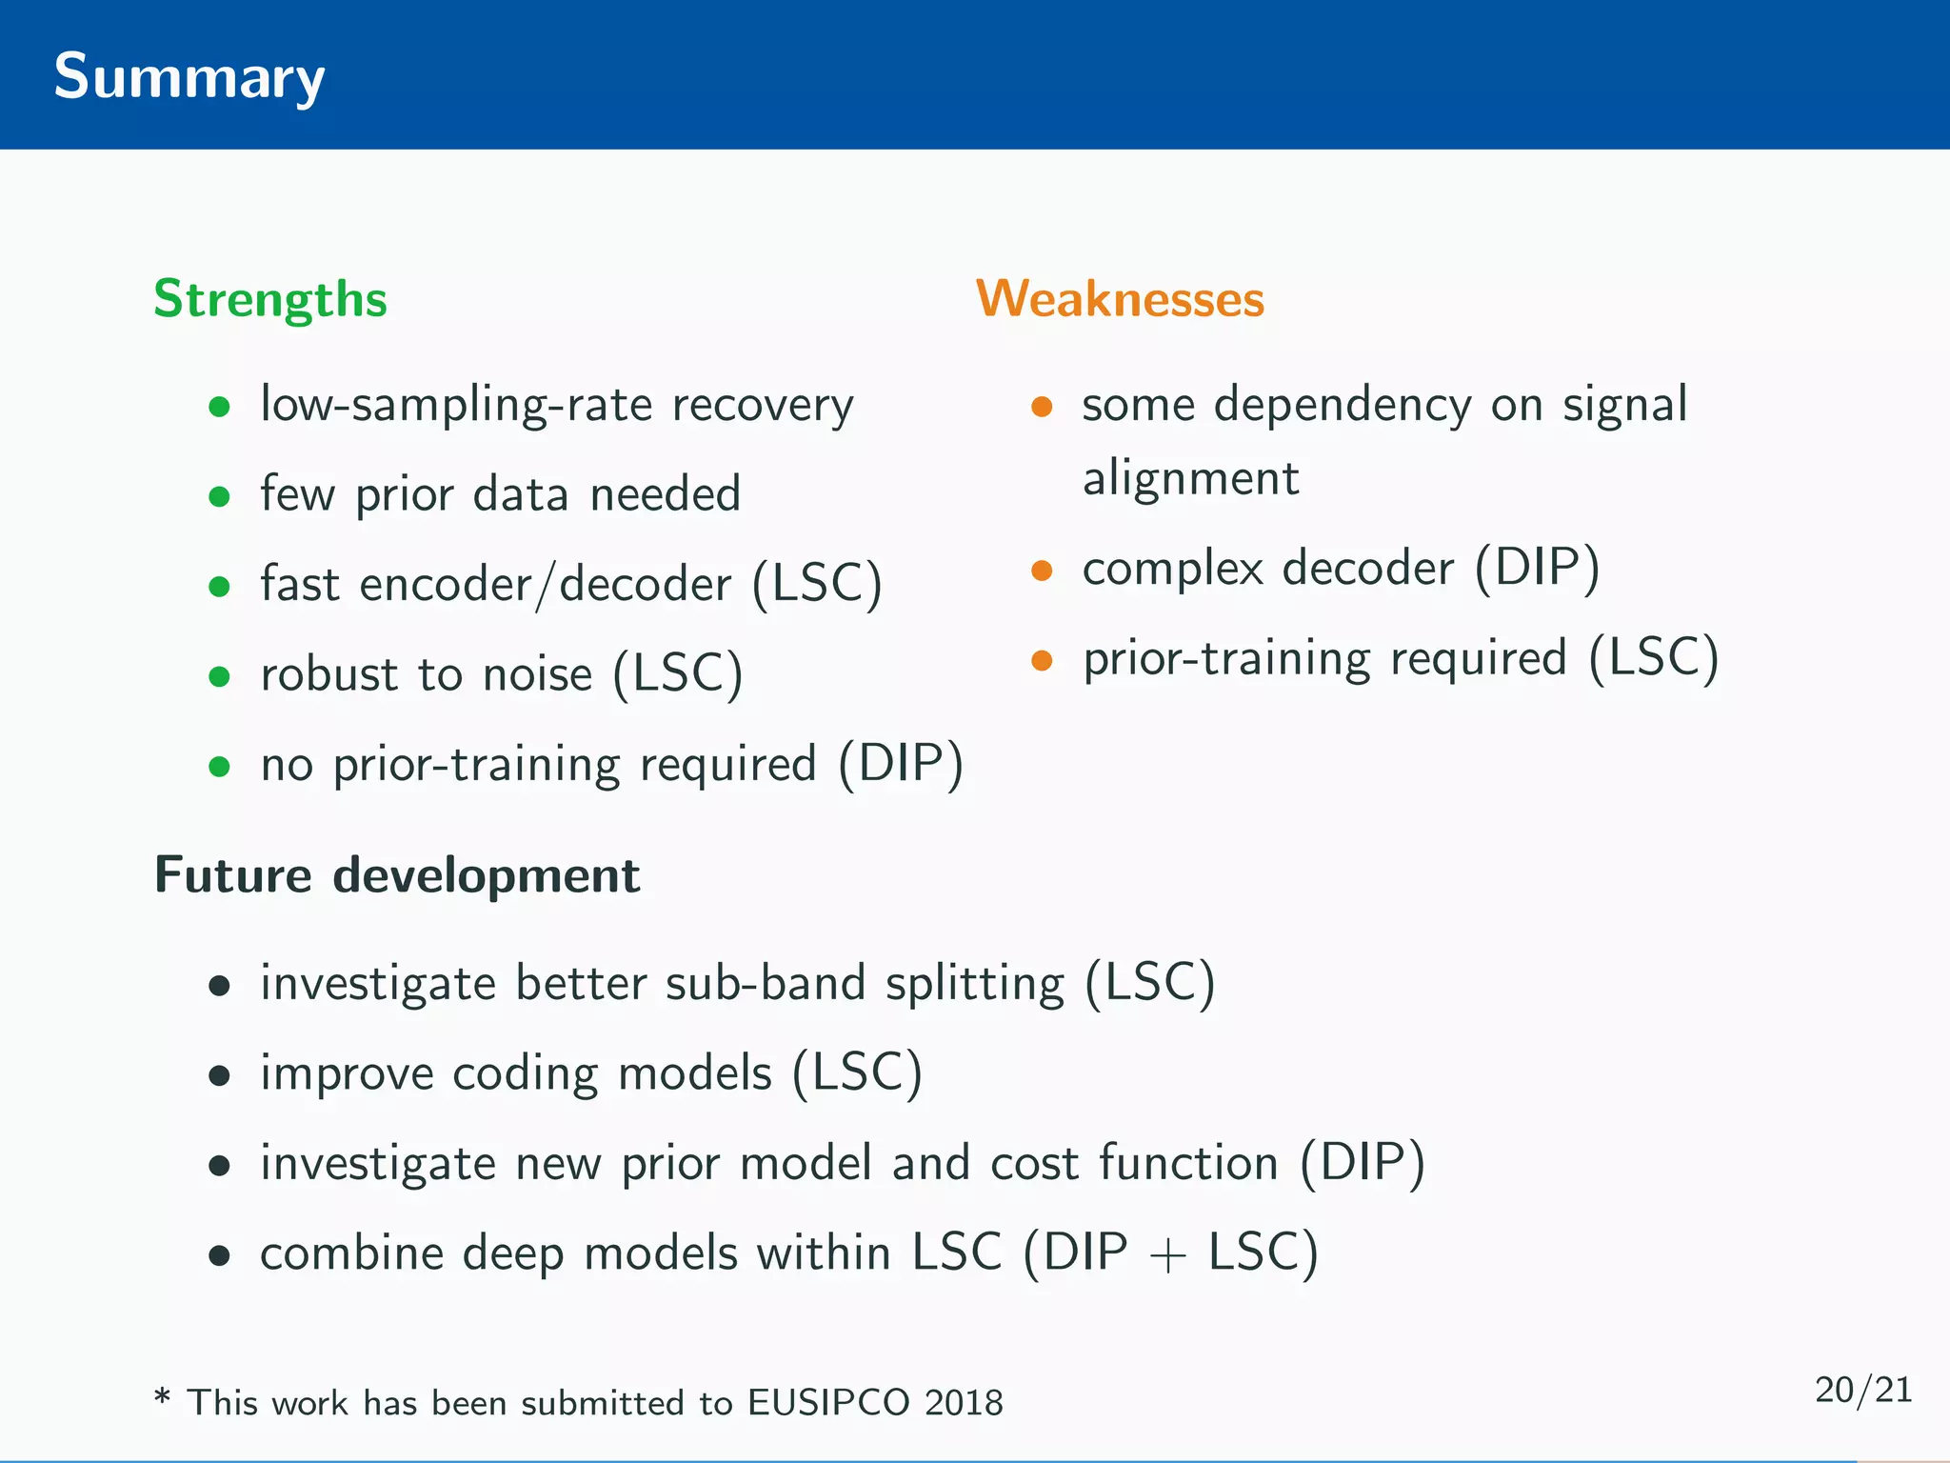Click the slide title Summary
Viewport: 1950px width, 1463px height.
pyautogui.click(x=189, y=78)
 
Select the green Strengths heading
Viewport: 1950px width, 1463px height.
pyautogui.click(x=270, y=300)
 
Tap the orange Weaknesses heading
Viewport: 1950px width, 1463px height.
pyautogui.click(x=1120, y=299)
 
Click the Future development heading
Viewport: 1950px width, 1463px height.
pyautogui.click(x=397, y=875)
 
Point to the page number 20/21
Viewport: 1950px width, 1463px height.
pyautogui.click(x=1862, y=1390)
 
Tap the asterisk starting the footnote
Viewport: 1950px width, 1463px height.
pyautogui.click(x=163, y=1399)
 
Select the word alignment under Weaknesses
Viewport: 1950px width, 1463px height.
pyautogui.click(x=1190, y=479)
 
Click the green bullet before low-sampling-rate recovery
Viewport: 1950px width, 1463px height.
pyautogui.click(x=220, y=407)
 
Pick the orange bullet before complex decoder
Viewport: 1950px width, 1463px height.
pyautogui.click(x=1042, y=571)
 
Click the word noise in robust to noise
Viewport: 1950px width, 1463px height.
pyautogui.click(x=537, y=675)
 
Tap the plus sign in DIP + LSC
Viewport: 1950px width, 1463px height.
pyautogui.click(x=1167, y=1256)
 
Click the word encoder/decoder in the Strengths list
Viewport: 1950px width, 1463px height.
pyautogui.click(x=545, y=585)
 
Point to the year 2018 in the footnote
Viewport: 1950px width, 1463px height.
pyautogui.click(x=964, y=1403)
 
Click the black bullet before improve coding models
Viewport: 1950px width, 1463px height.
pyautogui.click(x=220, y=1076)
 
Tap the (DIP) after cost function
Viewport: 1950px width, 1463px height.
pyautogui.click(x=1363, y=1163)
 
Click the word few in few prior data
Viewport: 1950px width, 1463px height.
pyautogui.click(x=297, y=494)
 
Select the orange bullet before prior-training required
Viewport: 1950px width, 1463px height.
pyautogui.click(x=1042, y=660)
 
